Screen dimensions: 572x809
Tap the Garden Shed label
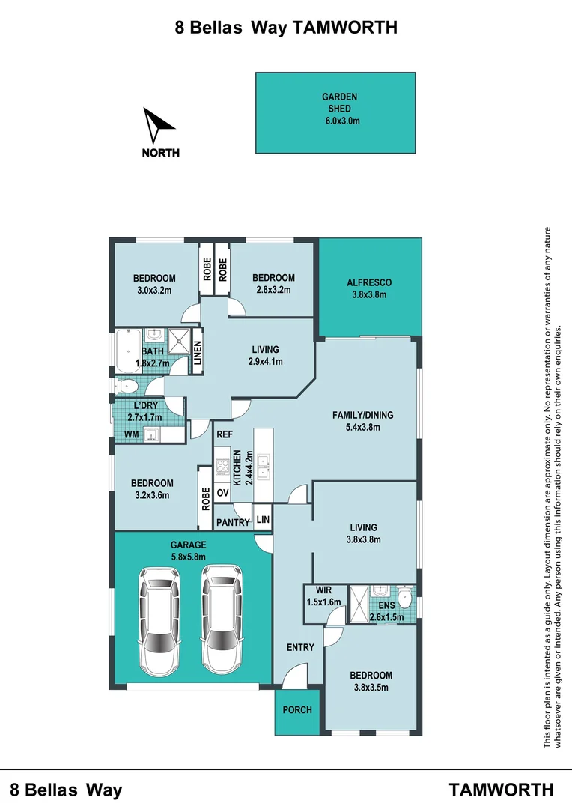pyautogui.click(x=339, y=103)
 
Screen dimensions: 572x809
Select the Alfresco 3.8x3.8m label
pyautogui.click(x=369, y=289)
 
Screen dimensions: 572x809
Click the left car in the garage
pyautogui.click(x=159, y=619)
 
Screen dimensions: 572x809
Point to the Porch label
pyautogui.click(x=297, y=710)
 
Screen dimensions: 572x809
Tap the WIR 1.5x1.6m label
pyautogui.click(x=324, y=596)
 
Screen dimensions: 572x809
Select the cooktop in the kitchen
pyautogui.click(x=222, y=467)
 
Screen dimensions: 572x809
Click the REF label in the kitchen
pyautogui.click(x=225, y=435)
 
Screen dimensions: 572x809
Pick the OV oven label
pyautogui.click(x=222, y=493)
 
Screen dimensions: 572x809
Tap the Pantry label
pyautogui.click(x=233, y=523)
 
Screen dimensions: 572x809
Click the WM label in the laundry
pyautogui.click(x=132, y=434)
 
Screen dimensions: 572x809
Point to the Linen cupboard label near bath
pyautogui.click(x=197, y=353)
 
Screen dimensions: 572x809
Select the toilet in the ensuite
pyautogui.click(x=406, y=597)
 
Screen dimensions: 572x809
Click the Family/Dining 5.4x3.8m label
pyautogui.click(x=362, y=421)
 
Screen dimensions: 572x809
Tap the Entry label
pyautogui.click(x=300, y=647)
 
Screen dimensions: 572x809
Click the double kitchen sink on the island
pyautogui.click(x=263, y=467)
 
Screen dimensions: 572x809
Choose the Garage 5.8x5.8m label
pyautogui.click(x=188, y=551)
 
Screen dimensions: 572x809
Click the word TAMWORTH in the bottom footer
pyautogui.click(x=502, y=790)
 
